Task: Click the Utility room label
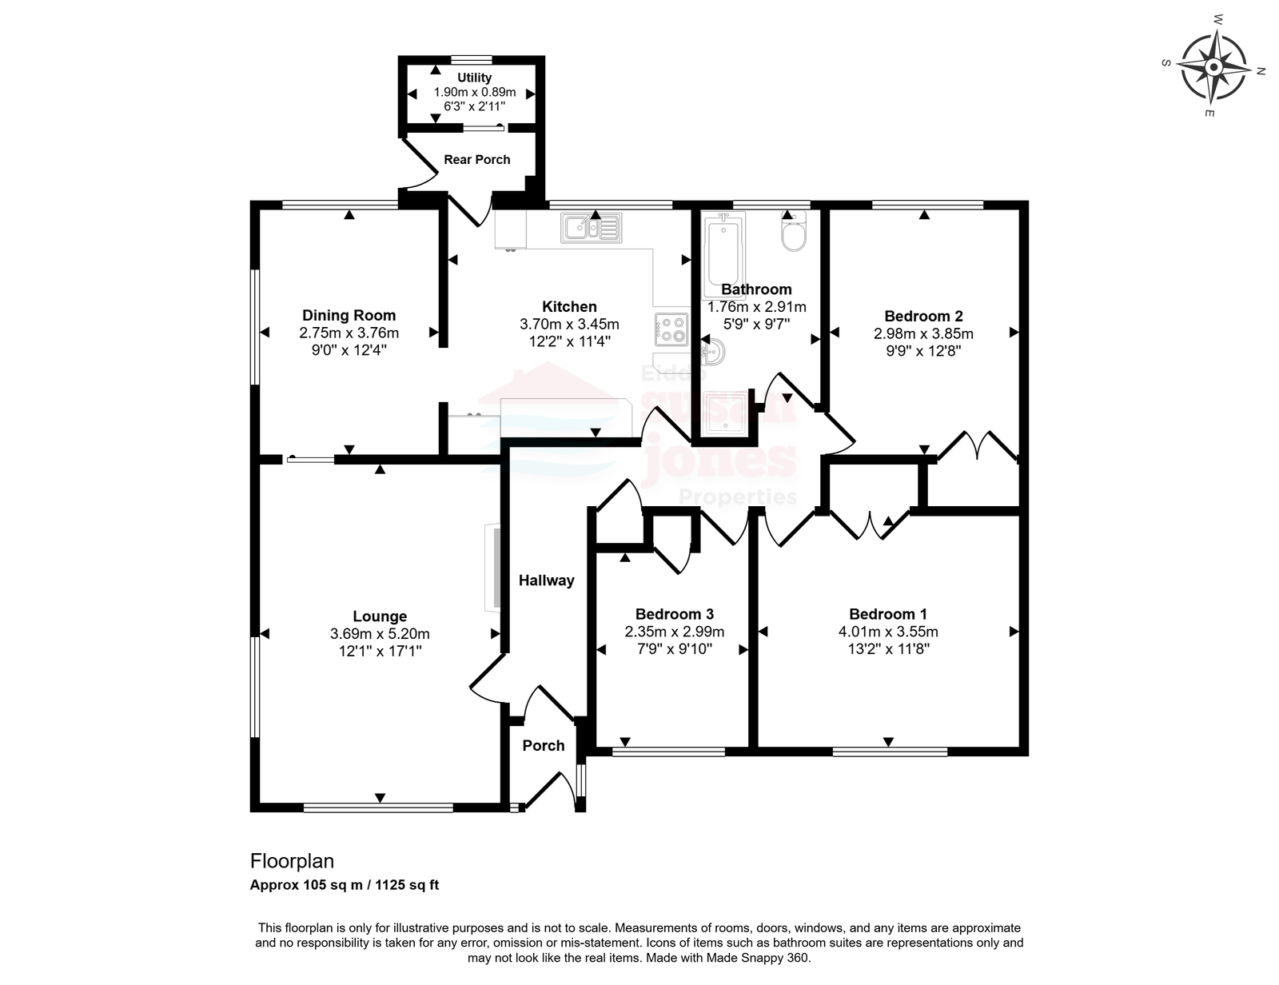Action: (474, 78)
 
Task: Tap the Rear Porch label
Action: (476, 159)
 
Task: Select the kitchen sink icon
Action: (591, 228)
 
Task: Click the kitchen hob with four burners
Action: (671, 329)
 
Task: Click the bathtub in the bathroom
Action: (724, 257)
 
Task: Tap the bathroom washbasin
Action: (712, 352)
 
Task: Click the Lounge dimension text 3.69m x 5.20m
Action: (380, 634)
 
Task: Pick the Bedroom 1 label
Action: (887, 614)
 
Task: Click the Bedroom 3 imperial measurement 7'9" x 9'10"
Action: (675, 649)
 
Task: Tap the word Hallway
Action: (546, 580)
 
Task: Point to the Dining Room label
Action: (349, 315)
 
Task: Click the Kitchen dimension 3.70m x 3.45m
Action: (569, 325)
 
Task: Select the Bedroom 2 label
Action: (923, 316)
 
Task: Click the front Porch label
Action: (544, 745)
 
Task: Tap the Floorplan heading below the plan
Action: (292, 861)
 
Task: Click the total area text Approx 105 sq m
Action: (306, 885)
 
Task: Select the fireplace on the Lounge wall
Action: (492, 568)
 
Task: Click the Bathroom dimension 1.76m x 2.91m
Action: (756, 307)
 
